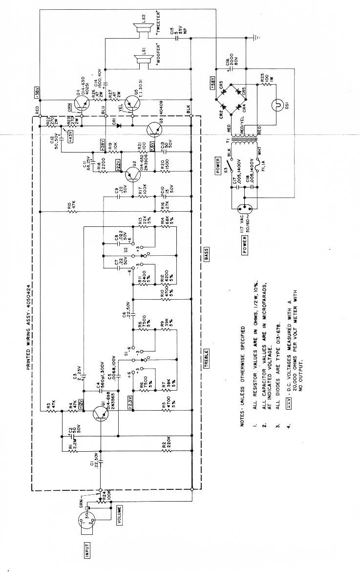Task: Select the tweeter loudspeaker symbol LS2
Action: tap(141, 31)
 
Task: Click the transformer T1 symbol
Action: tap(239, 143)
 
